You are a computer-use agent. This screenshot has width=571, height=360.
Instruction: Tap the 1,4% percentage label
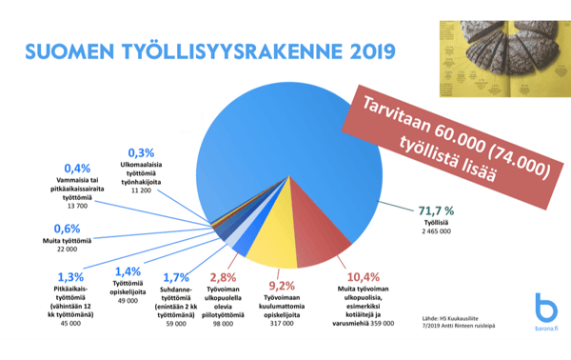[x=126, y=272]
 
